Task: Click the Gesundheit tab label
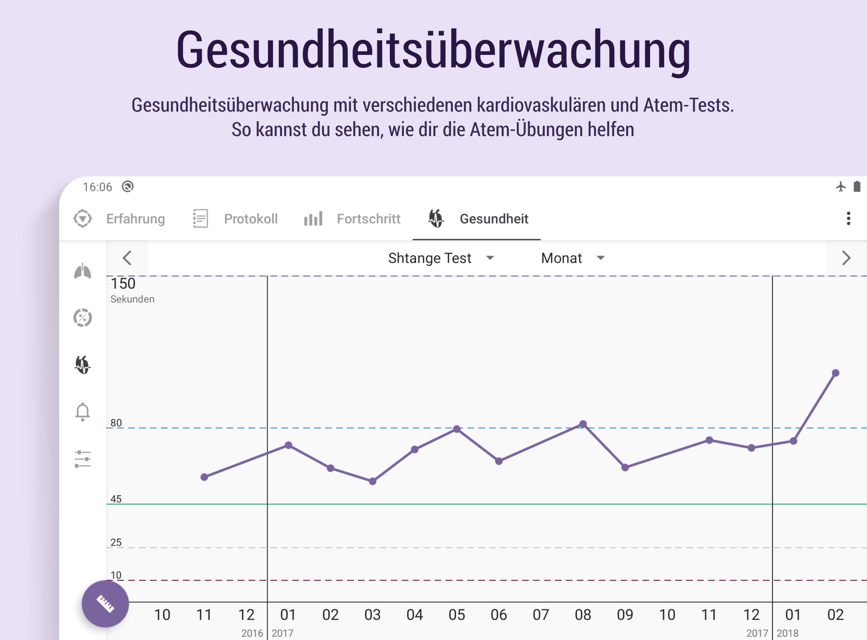(493, 219)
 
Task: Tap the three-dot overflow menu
(848, 218)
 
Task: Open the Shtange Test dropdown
(441, 258)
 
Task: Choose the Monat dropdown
(572, 258)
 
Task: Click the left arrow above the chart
(127, 258)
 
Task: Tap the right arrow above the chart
(846, 258)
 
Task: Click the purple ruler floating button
(105, 603)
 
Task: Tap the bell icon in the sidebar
(83, 411)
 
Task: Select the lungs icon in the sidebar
(83, 271)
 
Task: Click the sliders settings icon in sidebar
(83, 459)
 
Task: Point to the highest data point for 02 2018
(836, 373)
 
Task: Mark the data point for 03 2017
(373, 482)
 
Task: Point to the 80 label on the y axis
(116, 423)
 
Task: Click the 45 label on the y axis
(116, 499)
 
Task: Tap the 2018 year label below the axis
(787, 633)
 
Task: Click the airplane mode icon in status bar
(840, 187)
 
